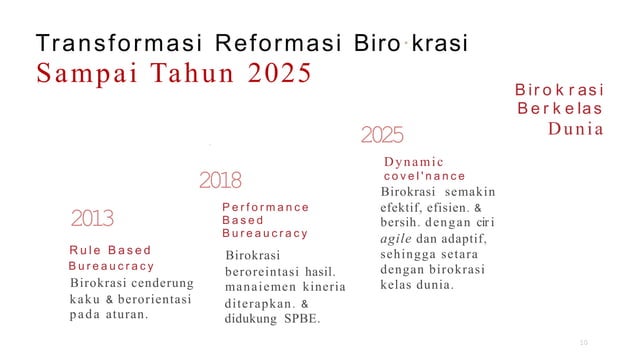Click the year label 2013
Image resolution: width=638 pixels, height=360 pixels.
point(92,219)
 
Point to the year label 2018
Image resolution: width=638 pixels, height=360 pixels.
point(220,181)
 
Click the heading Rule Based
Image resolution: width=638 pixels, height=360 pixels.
point(109,250)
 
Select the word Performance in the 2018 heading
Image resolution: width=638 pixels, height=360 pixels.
point(265,207)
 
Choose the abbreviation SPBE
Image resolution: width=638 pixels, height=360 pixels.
point(305,319)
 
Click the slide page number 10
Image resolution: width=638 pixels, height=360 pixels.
point(585,344)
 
